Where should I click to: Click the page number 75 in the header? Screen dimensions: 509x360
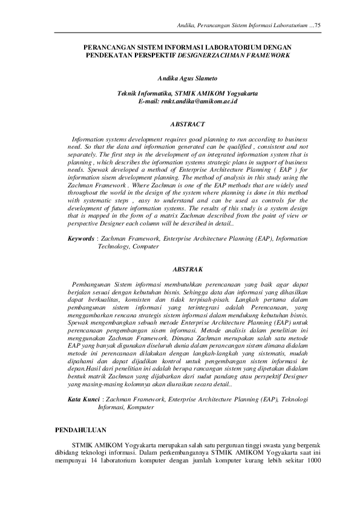(x=318, y=24)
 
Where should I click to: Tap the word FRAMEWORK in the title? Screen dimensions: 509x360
(x=266, y=54)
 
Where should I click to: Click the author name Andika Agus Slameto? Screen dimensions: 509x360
(x=179, y=79)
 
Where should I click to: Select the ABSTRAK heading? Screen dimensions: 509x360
(x=179, y=267)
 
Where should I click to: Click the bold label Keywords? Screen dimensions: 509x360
(x=80, y=239)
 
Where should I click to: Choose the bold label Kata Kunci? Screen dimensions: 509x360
(x=83, y=400)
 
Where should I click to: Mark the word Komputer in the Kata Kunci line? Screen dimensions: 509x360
(x=140, y=407)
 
